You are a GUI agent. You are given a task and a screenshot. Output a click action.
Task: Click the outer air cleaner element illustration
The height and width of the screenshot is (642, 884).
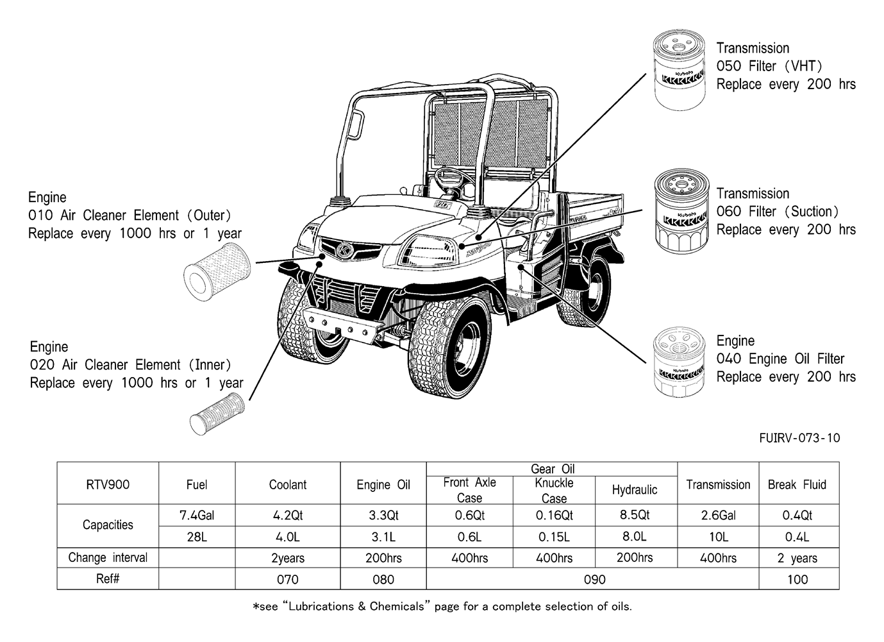tap(217, 272)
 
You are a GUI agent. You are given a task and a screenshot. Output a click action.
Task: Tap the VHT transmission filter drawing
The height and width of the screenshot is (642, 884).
tap(679, 69)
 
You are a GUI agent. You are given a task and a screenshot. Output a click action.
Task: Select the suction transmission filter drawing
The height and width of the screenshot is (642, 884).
tap(681, 212)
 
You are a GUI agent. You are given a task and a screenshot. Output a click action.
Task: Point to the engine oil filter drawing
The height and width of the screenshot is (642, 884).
tap(679, 362)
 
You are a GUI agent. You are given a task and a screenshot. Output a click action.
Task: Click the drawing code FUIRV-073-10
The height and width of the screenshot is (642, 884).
tap(799, 438)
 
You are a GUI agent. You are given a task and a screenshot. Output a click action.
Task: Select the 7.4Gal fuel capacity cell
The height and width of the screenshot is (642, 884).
tap(197, 515)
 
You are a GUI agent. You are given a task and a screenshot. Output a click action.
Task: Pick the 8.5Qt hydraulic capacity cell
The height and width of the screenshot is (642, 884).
tap(635, 515)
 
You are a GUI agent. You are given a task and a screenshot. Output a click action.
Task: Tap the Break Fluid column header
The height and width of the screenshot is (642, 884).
tap(797, 484)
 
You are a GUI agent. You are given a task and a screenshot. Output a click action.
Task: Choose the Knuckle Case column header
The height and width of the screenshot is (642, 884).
tap(554, 491)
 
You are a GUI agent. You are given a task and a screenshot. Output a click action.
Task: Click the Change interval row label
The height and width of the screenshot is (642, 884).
tap(108, 557)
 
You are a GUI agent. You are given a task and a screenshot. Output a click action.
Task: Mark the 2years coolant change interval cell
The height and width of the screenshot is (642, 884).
tap(288, 558)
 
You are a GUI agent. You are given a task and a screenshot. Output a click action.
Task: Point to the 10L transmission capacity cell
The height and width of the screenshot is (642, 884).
tap(718, 537)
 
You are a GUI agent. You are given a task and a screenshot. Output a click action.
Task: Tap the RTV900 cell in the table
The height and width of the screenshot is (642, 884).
tap(108, 484)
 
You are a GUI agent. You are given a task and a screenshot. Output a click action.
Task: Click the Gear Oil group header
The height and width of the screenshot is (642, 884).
tap(553, 469)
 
